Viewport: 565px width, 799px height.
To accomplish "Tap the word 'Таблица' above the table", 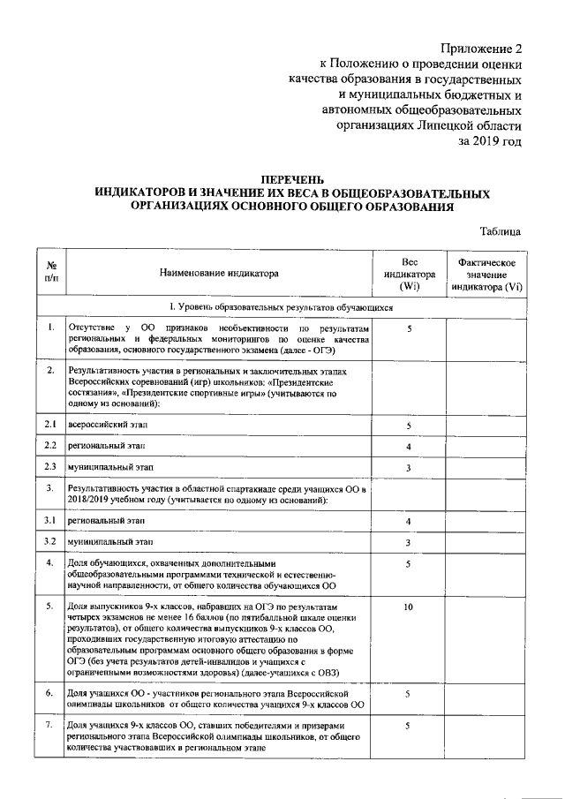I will click(x=500, y=231).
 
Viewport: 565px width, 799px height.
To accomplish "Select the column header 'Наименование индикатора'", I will click(x=218, y=274).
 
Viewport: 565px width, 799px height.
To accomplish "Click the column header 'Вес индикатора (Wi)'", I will click(x=409, y=274).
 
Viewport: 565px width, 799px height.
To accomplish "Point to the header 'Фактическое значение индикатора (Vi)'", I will click(x=487, y=274).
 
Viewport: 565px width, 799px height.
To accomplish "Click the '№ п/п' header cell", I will click(x=51, y=274).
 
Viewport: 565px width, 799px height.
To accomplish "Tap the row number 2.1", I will click(x=51, y=426).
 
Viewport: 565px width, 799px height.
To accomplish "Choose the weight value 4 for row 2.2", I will click(x=408, y=447).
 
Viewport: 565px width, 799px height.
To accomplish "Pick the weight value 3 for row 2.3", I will click(x=408, y=468).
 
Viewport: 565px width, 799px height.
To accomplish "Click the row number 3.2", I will click(x=51, y=541).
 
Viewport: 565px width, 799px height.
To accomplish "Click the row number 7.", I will click(x=51, y=726).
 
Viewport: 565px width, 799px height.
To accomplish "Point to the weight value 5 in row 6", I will click(x=408, y=695).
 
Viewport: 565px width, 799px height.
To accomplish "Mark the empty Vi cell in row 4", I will click(x=487, y=575).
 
